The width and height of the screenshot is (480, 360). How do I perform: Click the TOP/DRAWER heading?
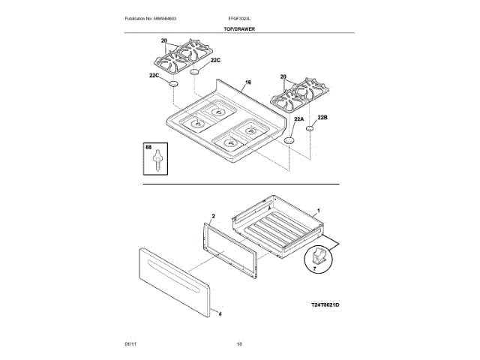(238, 28)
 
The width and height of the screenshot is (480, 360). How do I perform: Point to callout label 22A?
(298, 119)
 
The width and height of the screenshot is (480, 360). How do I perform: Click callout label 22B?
(322, 118)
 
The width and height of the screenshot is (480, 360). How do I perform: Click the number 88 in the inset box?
(149, 149)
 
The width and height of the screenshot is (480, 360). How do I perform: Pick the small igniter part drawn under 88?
(157, 162)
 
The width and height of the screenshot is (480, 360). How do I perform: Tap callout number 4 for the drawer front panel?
(220, 314)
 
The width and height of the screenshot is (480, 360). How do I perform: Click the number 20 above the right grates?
(283, 76)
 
